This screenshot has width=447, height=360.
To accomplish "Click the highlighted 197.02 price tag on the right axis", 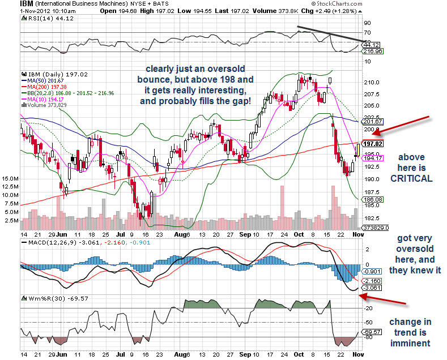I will [x=369, y=144].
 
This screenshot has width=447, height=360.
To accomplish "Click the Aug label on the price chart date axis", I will [x=180, y=233].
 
